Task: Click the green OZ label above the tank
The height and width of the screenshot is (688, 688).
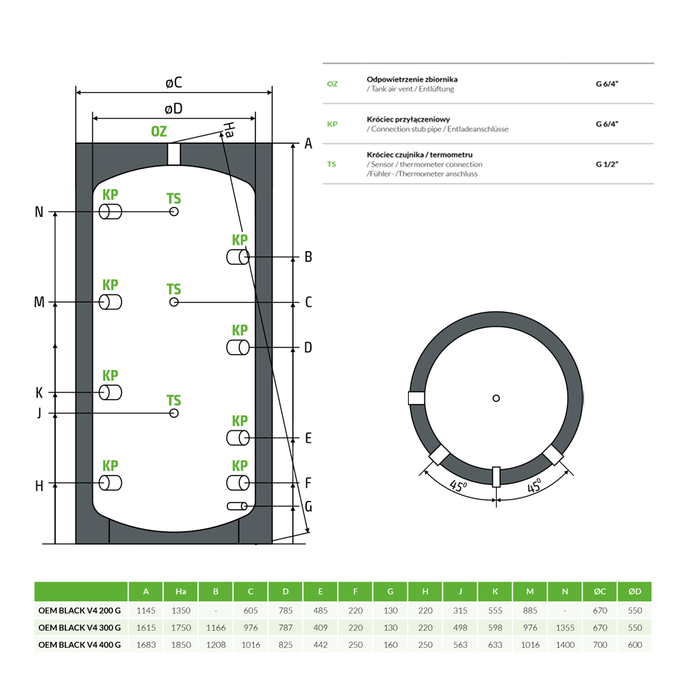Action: tap(159, 131)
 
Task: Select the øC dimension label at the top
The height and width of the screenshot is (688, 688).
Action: tap(173, 83)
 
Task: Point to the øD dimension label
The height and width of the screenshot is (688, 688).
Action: tap(173, 108)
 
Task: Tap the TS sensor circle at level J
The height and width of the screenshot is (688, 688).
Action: tap(174, 413)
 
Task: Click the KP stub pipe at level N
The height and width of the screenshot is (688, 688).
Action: tap(110, 212)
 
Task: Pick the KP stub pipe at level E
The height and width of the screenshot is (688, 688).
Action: tap(238, 438)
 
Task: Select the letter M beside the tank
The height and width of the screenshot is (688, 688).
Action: tap(39, 303)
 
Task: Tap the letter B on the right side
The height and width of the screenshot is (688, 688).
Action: tap(308, 257)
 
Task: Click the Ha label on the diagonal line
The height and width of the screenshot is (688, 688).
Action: tap(229, 130)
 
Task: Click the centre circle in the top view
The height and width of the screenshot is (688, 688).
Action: tap(496, 398)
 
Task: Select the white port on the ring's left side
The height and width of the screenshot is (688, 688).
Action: tap(417, 398)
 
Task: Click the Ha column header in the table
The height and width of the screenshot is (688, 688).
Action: tap(181, 592)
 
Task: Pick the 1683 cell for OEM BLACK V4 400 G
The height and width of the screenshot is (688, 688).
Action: tap(146, 645)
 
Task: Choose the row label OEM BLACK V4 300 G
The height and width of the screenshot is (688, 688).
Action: tap(80, 627)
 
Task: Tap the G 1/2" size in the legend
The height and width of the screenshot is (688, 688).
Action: tap(608, 165)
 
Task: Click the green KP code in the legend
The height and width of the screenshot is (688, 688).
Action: tap(332, 124)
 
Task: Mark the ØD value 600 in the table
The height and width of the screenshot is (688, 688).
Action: tap(634, 645)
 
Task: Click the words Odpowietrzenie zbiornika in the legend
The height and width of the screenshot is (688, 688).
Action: tap(412, 80)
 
